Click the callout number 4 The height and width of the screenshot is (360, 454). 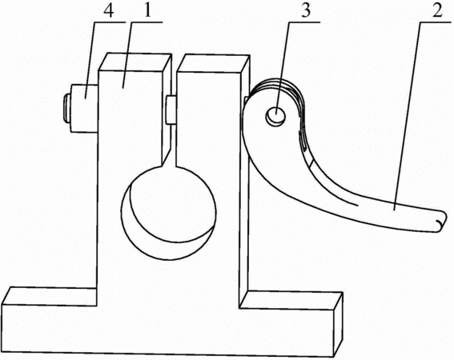[x=108, y=10]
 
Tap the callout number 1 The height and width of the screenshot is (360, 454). [x=147, y=10]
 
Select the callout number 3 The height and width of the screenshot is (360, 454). [x=305, y=10]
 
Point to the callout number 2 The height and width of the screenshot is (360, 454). [x=437, y=10]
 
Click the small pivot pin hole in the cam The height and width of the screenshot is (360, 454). [x=275, y=116]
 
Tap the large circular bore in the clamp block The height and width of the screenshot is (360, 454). [x=168, y=213]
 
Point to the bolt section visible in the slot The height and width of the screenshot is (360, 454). [x=171, y=110]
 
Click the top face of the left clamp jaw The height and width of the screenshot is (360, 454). [x=135, y=62]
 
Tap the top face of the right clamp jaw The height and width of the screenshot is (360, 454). [x=214, y=63]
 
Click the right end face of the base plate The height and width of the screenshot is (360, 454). [x=338, y=325]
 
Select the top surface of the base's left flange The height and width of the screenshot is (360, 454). [x=49, y=296]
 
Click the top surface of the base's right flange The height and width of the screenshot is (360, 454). [x=291, y=300]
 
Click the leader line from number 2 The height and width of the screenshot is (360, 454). [x=408, y=115]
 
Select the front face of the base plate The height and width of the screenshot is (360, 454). [x=168, y=330]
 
